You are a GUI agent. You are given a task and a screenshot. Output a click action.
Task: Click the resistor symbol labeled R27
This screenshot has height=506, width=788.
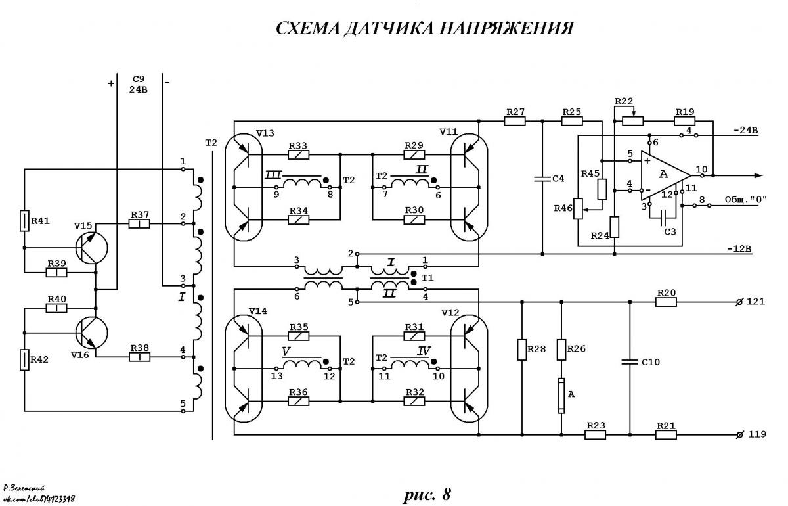pos(515,121)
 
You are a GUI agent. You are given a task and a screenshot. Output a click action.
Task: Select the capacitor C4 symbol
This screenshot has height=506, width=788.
pos(542,179)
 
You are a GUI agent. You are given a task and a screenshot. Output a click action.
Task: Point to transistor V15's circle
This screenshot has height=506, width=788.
pos(91,248)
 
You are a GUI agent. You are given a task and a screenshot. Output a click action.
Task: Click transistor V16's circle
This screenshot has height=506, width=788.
pos(91,333)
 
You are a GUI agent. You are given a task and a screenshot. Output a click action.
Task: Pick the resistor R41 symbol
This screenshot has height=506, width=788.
pos(24,220)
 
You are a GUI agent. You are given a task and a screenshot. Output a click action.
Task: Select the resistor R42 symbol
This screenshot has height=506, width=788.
pos(24,359)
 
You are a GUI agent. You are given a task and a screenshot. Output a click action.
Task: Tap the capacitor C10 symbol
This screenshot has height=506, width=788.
pos(630,361)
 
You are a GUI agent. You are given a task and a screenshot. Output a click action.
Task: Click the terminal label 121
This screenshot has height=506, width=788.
pos(755,302)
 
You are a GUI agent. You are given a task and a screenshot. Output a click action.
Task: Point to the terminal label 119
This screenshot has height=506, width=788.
pos(756,434)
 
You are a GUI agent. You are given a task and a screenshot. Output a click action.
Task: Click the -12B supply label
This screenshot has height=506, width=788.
pos(739,249)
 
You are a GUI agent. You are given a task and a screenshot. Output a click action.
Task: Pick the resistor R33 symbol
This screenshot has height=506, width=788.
pos(298,154)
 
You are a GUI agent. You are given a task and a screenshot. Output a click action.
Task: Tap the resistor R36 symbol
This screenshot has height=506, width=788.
pos(298,401)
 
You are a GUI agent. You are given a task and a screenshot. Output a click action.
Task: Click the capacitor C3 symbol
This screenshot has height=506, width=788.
pos(663,218)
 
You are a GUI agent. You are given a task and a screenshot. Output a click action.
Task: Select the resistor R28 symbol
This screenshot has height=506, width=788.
pos(521,350)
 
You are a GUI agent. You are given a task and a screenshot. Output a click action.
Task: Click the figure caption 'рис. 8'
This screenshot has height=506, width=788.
pos(427,495)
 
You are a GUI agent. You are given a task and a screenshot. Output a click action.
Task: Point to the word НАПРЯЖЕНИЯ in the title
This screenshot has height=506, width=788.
pos(506,28)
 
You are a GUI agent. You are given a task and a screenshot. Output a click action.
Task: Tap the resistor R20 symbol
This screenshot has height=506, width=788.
pos(666,302)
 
